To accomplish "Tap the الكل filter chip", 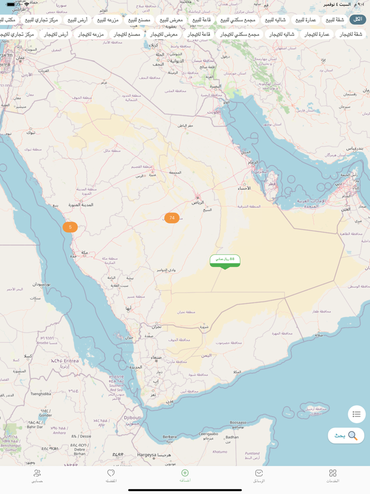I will click(x=357, y=20).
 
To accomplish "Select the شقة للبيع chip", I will click(x=335, y=20).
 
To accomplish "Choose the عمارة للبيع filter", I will click(x=306, y=20).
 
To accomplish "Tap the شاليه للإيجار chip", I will click(x=282, y=34).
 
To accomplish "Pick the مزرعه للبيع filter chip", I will click(x=108, y=20).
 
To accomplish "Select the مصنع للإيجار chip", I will click(x=127, y=34).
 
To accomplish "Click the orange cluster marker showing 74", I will click(x=172, y=218).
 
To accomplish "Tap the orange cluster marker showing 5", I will click(x=70, y=227).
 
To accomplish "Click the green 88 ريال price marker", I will click(x=225, y=260).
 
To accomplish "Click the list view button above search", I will click(x=356, y=414).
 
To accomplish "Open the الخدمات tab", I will click(x=332, y=476).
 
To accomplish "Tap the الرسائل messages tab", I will click(x=258, y=476).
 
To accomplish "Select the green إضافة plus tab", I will click(x=185, y=475).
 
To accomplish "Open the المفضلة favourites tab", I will click(x=111, y=476).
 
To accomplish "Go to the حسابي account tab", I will click(x=37, y=476).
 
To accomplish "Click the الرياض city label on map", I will click(x=198, y=202).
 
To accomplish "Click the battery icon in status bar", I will click(x=11, y=4).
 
